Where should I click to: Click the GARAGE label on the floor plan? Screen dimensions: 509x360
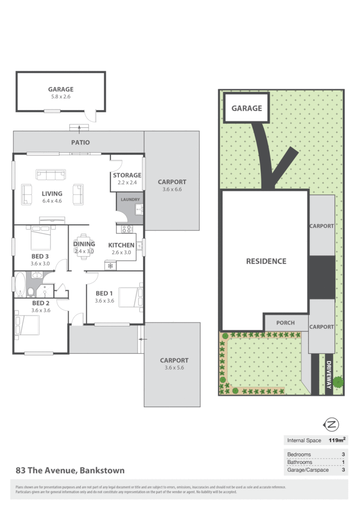(x=61, y=89)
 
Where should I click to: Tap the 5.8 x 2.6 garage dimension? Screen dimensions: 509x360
(x=61, y=97)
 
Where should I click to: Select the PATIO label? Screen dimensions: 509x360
(x=81, y=143)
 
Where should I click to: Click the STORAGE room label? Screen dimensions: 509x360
(x=127, y=175)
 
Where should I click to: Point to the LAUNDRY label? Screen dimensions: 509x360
(x=130, y=199)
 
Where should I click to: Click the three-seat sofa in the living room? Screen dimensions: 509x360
(x=50, y=174)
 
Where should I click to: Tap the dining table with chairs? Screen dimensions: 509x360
(x=84, y=246)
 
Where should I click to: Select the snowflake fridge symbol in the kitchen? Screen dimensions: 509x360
(x=110, y=266)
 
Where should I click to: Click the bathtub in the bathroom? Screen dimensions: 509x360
(x=20, y=285)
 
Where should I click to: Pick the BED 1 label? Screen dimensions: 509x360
(x=104, y=293)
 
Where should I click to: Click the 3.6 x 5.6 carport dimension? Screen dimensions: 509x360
(x=172, y=368)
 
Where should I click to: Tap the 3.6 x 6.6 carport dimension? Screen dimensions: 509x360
(x=172, y=189)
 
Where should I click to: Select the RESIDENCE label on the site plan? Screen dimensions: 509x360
(x=266, y=262)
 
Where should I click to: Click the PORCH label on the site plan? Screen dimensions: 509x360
(x=286, y=323)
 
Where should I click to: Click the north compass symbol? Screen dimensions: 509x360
(x=332, y=424)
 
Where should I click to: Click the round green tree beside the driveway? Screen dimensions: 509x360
(x=338, y=382)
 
